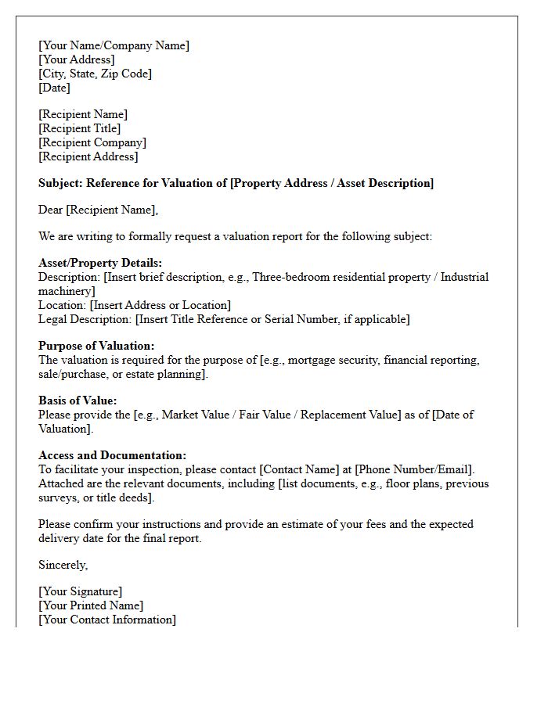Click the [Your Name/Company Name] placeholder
point(114,45)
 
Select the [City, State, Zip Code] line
point(95,74)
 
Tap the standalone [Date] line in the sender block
point(54,88)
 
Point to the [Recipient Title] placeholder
point(79,128)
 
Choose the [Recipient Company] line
point(92,142)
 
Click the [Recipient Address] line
point(88,156)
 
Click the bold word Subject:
point(60,183)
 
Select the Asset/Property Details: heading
point(100,263)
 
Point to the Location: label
point(63,305)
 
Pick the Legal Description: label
point(85,319)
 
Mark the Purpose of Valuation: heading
point(96,346)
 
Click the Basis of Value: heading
point(78,400)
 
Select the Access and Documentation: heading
point(113,455)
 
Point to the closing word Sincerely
point(63,565)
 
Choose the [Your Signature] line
point(81,591)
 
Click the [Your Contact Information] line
point(107,620)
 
